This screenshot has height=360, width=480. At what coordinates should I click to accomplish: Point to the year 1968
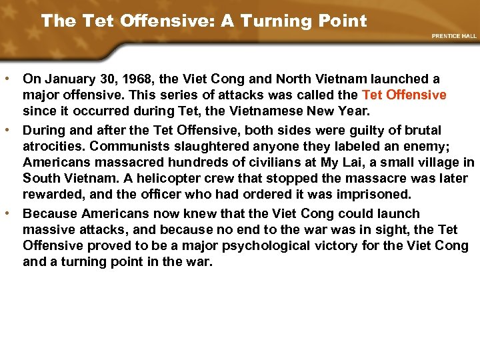[130, 80]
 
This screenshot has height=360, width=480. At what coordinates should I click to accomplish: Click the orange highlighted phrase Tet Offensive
[404, 95]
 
